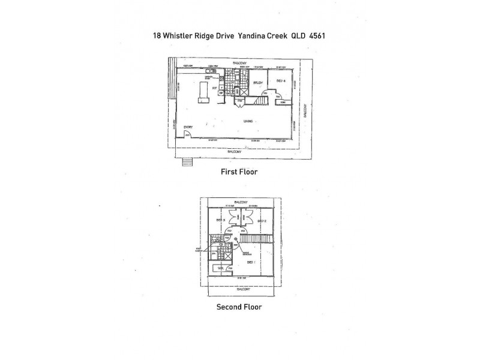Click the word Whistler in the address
[182, 35]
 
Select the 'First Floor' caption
[239, 172]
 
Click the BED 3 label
[220, 221]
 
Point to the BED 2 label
[262, 221]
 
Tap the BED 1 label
[250, 262]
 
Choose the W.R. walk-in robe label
[220, 268]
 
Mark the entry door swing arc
[188, 135]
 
